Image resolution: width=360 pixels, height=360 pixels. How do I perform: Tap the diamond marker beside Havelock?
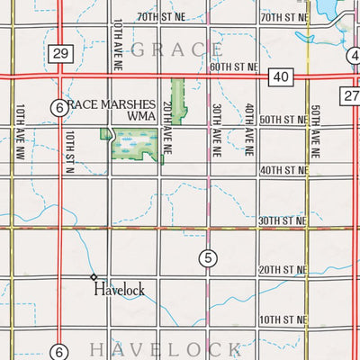pos(93,276)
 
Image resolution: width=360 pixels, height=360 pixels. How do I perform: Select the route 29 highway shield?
pos(60,55)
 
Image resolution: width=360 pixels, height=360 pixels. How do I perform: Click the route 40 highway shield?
pos(280,79)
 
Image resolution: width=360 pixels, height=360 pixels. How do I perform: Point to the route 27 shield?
pos(351,95)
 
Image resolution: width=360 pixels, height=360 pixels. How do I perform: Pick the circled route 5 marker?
pos(208,259)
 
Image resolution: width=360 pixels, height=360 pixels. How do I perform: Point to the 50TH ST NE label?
pos(282,120)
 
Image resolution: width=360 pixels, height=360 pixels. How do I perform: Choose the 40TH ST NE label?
pos(282,170)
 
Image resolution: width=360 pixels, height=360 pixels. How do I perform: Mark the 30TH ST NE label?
pos(282,220)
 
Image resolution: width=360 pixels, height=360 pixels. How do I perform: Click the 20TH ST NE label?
pos(282,270)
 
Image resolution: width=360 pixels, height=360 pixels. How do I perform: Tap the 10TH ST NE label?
pos(282,320)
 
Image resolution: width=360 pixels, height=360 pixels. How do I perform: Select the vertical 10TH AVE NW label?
pos(19,128)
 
